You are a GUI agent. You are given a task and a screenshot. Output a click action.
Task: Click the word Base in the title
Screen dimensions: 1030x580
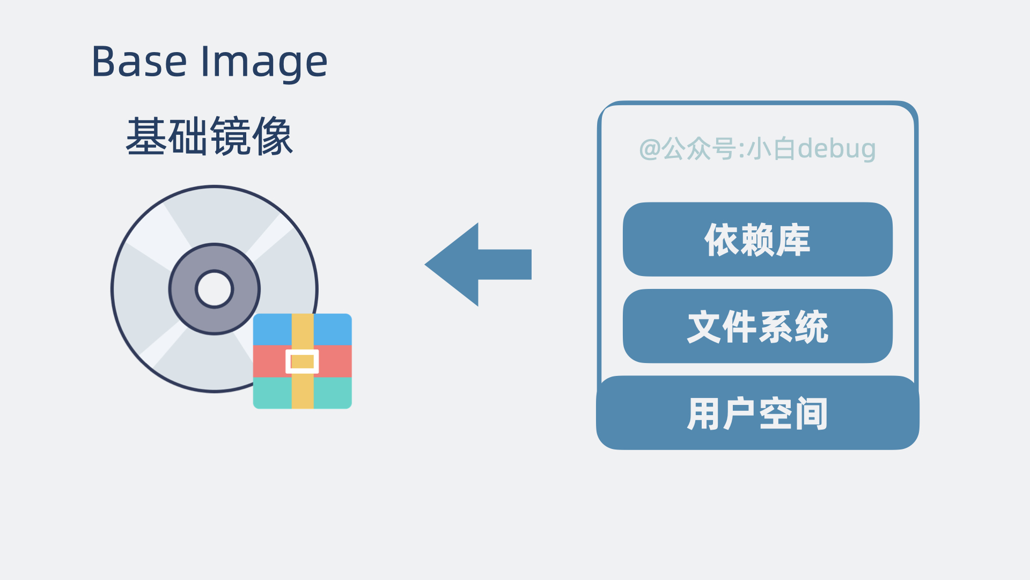139,62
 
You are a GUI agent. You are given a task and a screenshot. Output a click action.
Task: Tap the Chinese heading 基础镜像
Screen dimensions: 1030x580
209,136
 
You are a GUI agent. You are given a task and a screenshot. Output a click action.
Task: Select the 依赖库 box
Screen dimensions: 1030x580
757,240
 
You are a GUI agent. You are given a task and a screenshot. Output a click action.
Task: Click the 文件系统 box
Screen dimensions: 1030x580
757,326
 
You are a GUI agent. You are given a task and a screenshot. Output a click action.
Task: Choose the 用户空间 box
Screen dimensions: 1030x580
757,413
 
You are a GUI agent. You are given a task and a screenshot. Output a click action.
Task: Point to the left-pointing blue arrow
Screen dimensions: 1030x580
477,264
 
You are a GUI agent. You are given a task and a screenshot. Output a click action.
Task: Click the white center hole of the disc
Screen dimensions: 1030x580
214,289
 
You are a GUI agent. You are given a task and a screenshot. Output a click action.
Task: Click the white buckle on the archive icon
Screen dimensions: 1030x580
302,361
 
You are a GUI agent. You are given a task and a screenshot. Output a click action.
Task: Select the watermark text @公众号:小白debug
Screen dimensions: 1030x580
757,149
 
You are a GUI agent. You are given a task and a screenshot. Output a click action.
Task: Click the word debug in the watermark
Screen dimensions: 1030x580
836,149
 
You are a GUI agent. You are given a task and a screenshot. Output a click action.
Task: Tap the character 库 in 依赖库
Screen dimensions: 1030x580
793,240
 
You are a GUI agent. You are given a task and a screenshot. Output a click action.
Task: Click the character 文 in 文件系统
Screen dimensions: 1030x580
704,326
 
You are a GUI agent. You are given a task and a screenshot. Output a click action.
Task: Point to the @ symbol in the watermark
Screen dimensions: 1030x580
650,149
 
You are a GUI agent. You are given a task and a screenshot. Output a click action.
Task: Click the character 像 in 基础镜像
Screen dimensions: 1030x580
273,136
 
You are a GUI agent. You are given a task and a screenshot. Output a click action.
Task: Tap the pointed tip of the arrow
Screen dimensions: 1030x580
427,264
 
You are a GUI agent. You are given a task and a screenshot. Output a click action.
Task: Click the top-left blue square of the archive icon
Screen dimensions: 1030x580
272,329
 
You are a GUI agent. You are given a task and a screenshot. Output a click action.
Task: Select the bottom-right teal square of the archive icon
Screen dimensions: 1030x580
333,393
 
